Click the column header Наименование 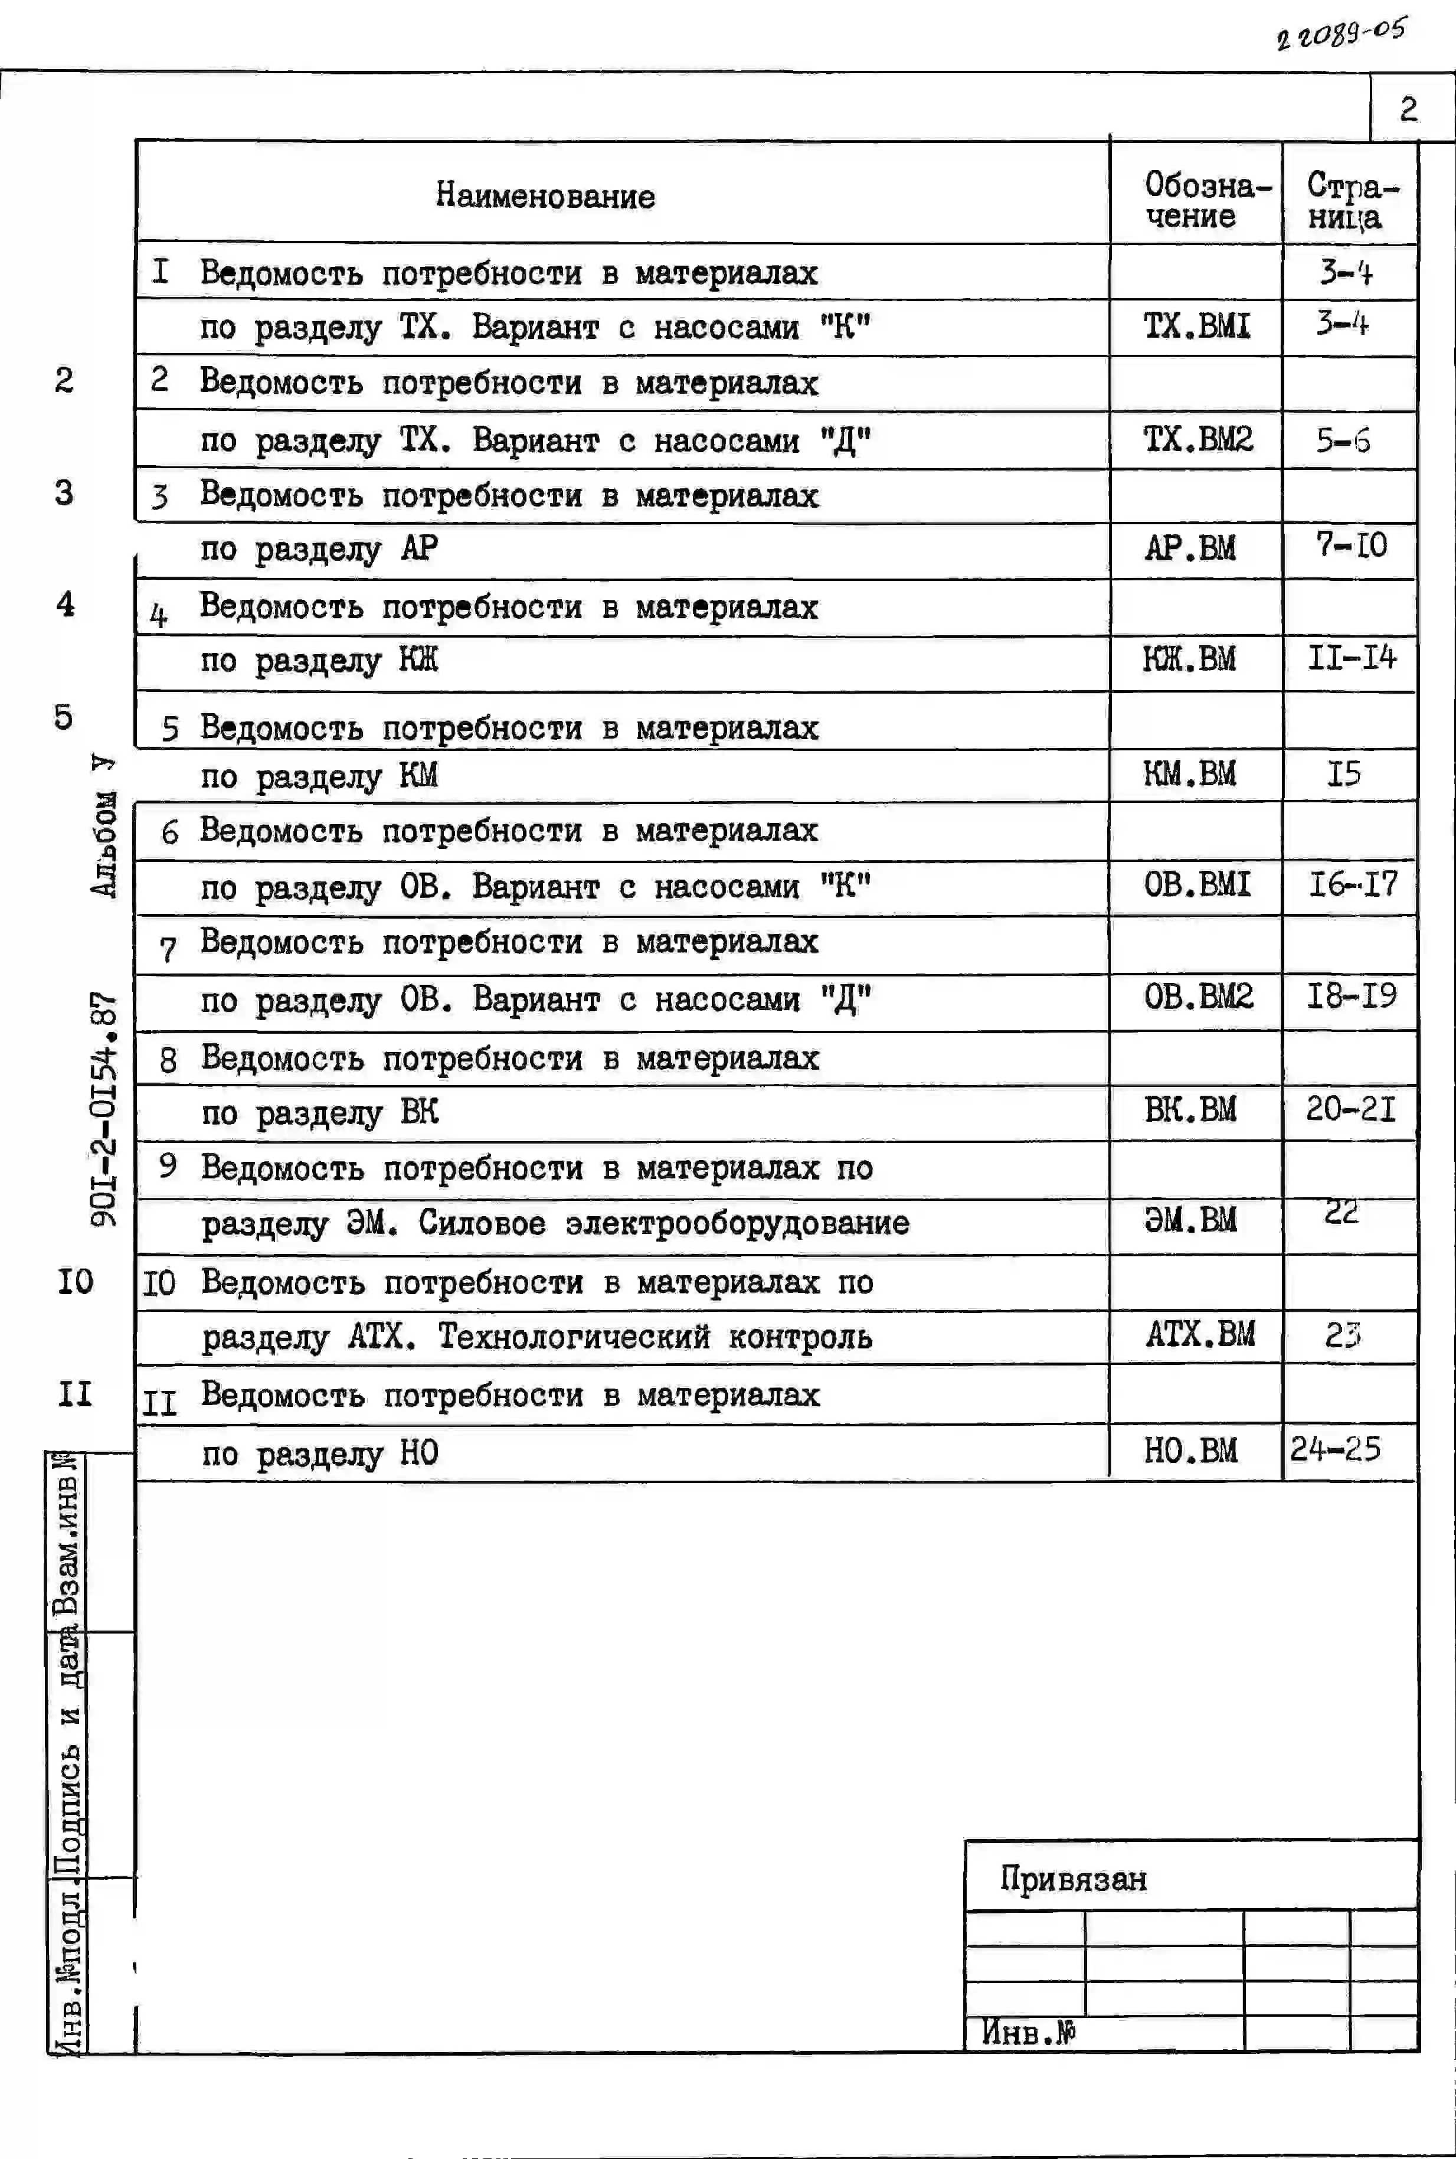point(545,196)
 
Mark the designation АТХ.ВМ point(1200,1334)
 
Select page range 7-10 point(1351,545)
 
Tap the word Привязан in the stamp point(1074,1880)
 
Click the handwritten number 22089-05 point(1341,34)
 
